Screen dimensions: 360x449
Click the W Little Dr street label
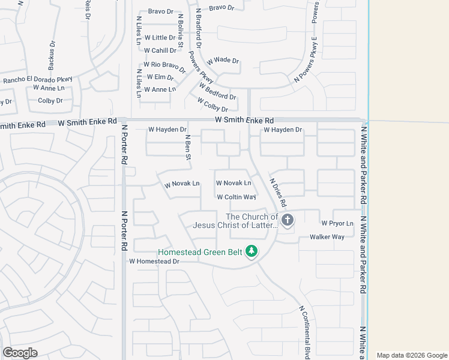pos(155,38)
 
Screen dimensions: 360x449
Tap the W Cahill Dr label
pos(160,50)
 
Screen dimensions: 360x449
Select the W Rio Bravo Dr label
pos(163,65)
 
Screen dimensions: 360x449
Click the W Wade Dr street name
pos(223,61)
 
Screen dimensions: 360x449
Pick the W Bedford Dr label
pos(217,92)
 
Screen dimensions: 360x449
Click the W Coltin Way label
pos(237,197)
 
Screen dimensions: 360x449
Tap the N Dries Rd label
pos(279,192)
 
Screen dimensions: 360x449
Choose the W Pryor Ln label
pos(337,223)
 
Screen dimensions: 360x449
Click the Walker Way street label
pos(327,237)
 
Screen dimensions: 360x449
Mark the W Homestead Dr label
pos(154,261)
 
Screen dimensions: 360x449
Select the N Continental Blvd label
pos(304,331)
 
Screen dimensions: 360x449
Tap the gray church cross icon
pos(288,220)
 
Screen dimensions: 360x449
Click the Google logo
pos(20,353)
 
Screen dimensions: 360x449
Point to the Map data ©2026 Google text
pos(411,355)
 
